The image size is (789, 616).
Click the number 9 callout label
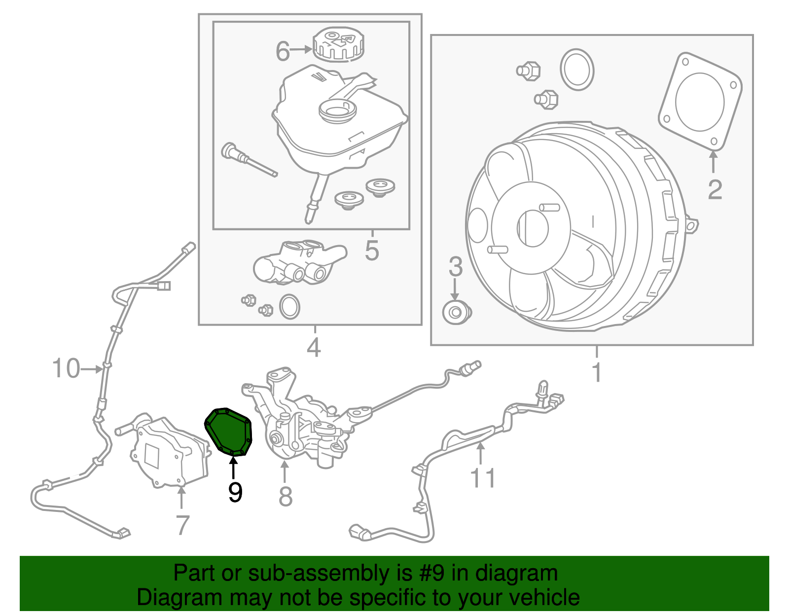point(235,492)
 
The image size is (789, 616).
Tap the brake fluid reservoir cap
point(338,44)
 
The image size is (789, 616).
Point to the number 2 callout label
point(715,189)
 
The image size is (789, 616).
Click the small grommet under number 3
point(457,312)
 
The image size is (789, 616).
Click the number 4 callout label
point(314,347)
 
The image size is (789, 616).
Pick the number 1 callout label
point(597,372)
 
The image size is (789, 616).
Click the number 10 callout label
point(66,368)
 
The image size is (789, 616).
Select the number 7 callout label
point(182,525)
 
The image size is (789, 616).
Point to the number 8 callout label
point(286,496)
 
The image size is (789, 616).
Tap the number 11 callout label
point(483,478)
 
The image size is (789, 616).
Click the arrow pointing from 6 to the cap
point(301,49)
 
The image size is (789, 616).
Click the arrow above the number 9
point(233,469)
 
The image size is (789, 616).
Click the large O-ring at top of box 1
point(577,70)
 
